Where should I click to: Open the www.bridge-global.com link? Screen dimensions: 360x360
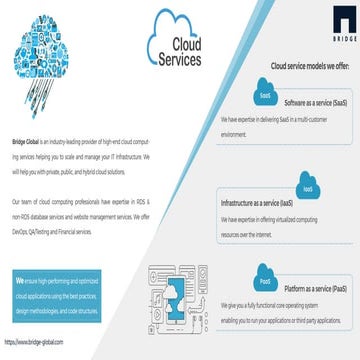point(34,342)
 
